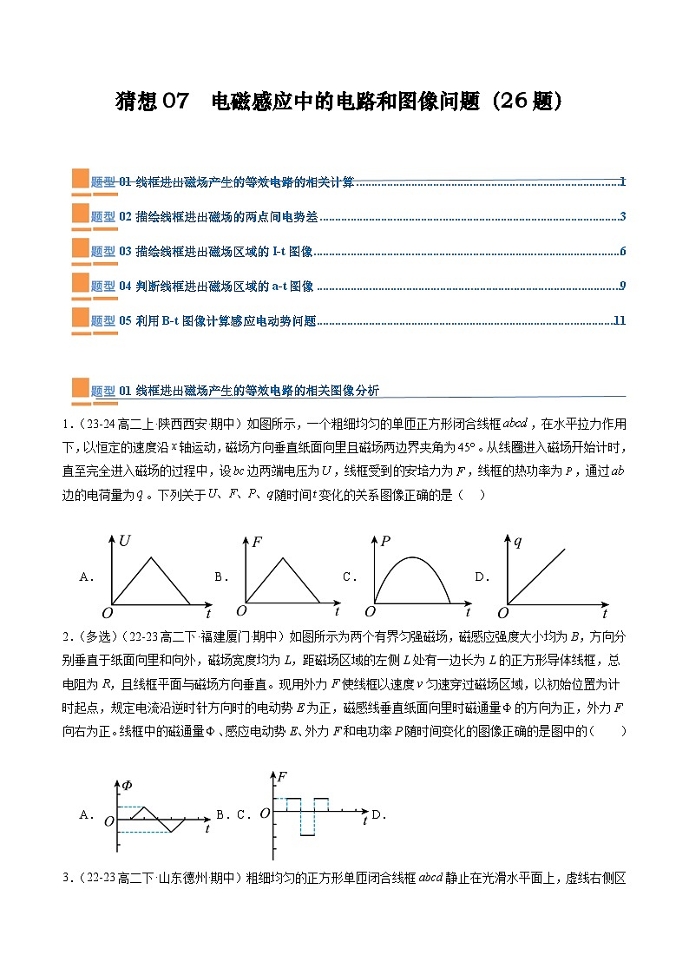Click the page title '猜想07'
(x=152, y=102)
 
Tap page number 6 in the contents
(x=622, y=252)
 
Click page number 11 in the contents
(x=619, y=320)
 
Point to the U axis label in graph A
(x=125, y=542)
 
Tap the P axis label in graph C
(x=385, y=542)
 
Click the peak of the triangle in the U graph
(x=154, y=557)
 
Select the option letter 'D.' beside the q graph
(x=482, y=576)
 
